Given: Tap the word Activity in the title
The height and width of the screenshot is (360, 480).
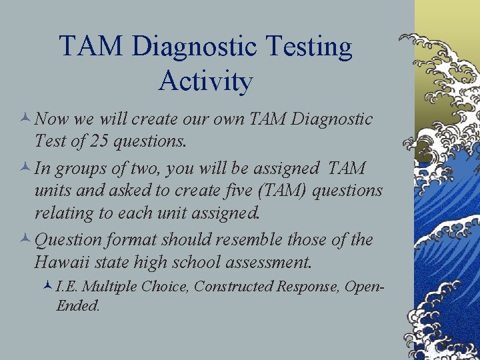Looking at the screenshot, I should coord(206,81).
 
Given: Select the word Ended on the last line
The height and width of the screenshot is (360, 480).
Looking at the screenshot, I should coord(78,306).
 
